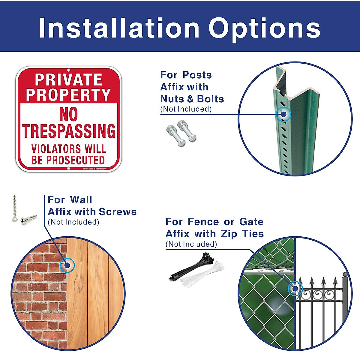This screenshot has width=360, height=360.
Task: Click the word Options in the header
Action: pos(265,28)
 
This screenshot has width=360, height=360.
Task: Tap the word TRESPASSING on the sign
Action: pos(69,131)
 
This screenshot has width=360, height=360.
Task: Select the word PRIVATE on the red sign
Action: pos(69,80)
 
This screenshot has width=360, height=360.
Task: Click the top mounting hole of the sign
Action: pos(69,70)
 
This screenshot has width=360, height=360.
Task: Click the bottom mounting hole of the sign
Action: pos(69,169)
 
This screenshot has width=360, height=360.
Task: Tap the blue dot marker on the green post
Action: pos(283,114)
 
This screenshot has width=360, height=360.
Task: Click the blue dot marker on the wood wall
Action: pos(67,265)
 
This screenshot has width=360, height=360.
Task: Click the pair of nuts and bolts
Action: pos(181,133)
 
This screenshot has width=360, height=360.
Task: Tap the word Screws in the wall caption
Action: pos(118,212)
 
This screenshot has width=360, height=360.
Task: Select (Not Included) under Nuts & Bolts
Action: pos(186,109)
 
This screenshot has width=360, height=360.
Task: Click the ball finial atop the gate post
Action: pos(345,274)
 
